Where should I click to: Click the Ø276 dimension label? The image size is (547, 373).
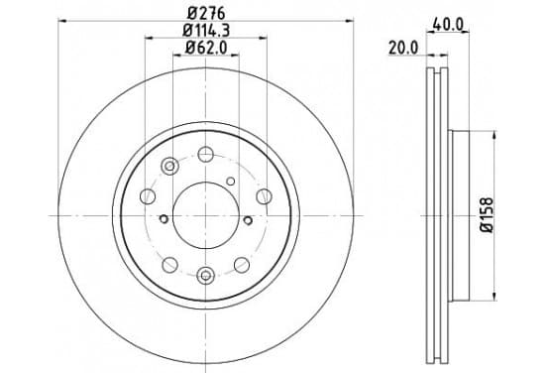(206, 13)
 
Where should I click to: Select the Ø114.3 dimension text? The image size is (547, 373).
(206, 31)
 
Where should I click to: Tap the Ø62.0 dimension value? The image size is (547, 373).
(206, 48)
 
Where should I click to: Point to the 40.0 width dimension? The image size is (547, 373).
(448, 25)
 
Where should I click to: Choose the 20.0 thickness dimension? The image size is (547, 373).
(403, 49)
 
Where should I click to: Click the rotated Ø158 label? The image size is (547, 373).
(487, 215)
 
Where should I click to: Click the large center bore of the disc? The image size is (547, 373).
(206, 215)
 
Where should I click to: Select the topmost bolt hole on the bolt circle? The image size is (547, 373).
(205, 154)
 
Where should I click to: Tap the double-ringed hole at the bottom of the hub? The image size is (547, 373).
(206, 276)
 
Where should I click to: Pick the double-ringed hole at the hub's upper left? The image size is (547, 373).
(169, 167)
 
